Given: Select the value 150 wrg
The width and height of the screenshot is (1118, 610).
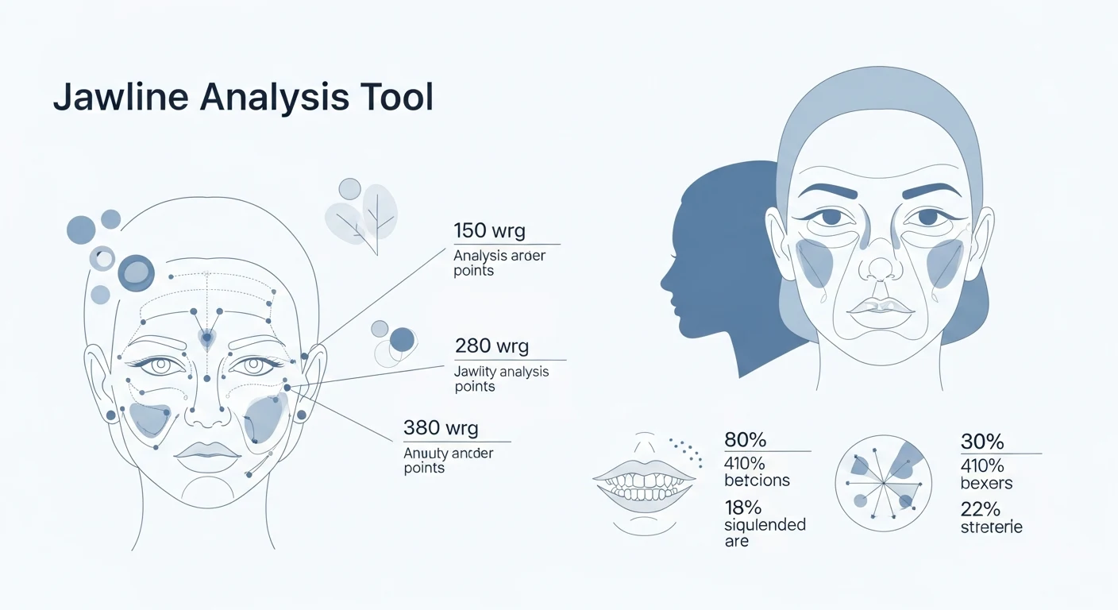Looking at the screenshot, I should point(489,231).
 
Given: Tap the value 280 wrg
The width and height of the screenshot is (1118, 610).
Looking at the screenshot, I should point(492,346).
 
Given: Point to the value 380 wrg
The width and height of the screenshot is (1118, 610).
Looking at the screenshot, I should point(441,428).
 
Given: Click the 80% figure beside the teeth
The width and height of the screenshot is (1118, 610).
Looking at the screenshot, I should point(746,440).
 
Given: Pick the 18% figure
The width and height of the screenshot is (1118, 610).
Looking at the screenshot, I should point(742,507).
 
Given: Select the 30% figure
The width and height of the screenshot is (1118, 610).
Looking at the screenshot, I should point(982,442).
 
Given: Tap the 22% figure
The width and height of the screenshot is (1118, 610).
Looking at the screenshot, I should point(980,508).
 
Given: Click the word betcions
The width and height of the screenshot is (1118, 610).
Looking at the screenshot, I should point(757,480).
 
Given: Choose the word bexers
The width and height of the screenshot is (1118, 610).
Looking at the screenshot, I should point(986,482).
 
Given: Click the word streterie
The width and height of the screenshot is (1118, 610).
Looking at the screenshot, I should point(991,527).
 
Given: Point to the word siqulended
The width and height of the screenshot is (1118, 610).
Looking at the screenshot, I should point(765,525).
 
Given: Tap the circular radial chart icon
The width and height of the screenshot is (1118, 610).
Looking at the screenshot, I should point(884,483).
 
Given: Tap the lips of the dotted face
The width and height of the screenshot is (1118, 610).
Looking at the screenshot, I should point(207,450).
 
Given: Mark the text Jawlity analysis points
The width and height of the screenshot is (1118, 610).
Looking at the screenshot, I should point(501,379).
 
